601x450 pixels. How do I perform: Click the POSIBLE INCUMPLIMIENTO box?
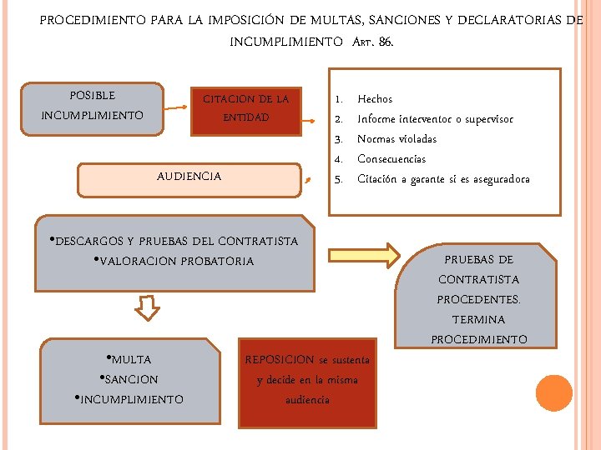pos(92,107)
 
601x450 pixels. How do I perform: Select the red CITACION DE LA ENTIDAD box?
pos(245,108)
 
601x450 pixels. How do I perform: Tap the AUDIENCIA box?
pos(189,177)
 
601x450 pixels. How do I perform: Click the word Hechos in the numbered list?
pos(375,99)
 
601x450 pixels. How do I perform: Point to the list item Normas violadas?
pos(396,139)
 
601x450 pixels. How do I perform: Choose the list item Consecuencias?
pos(391,159)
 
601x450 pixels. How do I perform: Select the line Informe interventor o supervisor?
pos(435,119)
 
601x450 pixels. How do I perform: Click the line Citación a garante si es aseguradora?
pos(443,179)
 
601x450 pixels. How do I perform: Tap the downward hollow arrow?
pos(148,307)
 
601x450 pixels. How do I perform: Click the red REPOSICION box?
pos(307,380)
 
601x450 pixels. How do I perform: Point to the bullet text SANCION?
pos(130,380)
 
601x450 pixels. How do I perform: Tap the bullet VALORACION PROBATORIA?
pos(176,262)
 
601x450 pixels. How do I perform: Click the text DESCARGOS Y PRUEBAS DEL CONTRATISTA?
pos(176,242)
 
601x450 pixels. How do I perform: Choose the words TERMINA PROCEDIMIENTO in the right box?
pos(479,330)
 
